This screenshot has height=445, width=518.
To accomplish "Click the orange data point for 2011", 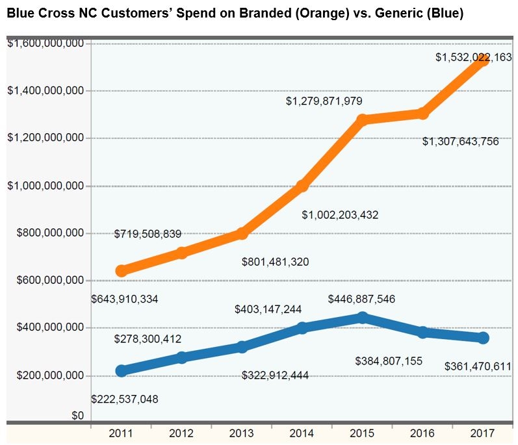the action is click(122, 271).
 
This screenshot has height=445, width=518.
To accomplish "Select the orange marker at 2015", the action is click(363, 120).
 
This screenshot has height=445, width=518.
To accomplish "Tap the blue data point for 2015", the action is click(363, 318).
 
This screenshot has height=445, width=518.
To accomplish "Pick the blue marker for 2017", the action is click(483, 338).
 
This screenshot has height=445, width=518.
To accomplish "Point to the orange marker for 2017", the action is click(483, 60).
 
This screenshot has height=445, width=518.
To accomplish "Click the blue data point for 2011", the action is click(122, 371).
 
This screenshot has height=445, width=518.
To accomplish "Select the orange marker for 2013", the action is click(242, 233).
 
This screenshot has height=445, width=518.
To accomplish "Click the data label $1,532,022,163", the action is click(473, 57).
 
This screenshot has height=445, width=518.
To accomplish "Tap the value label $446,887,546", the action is click(361, 299).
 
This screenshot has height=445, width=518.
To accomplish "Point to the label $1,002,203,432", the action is click(340, 215).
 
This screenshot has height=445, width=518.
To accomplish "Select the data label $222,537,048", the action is click(125, 399).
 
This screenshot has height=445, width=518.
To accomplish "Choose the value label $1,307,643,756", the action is click(461, 142).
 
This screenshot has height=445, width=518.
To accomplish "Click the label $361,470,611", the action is click(478, 366).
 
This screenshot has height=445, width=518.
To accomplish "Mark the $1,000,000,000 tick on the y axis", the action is click(45, 186).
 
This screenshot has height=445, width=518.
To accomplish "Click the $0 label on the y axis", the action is click(78, 416).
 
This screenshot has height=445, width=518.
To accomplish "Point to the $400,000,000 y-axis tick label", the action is click(50, 327).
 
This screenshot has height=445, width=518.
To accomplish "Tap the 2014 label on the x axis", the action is click(302, 433).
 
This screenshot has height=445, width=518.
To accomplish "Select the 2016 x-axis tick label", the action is click(422, 433).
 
